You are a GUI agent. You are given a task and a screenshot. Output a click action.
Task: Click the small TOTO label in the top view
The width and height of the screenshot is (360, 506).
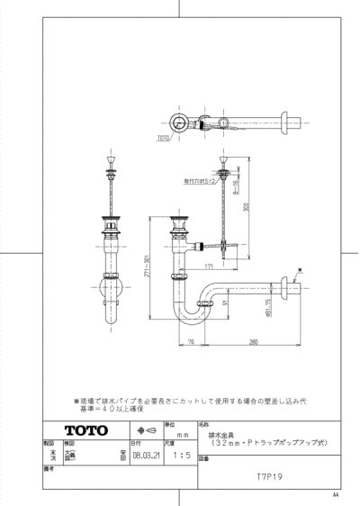coord(163,139)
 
